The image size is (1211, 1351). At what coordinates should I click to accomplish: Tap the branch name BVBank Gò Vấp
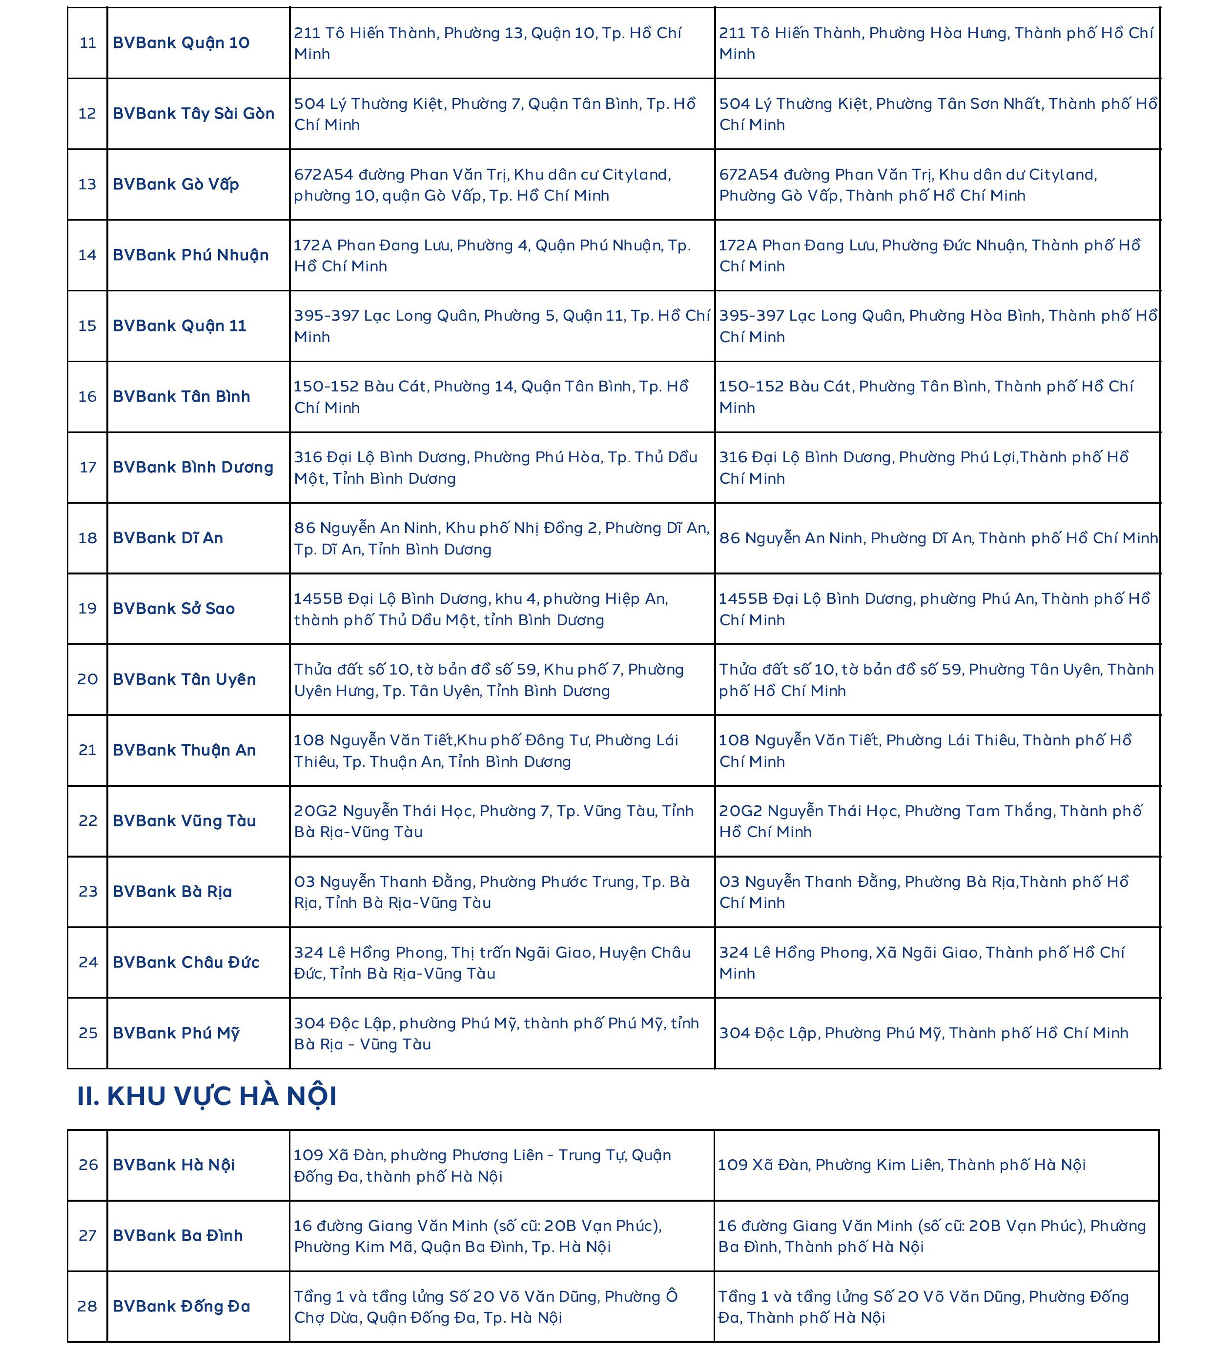click(x=176, y=184)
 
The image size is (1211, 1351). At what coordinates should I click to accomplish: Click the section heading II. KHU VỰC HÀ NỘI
click(x=207, y=1096)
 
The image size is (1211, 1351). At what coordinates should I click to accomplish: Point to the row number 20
click(x=88, y=679)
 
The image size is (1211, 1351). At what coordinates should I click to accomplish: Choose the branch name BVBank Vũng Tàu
click(x=185, y=821)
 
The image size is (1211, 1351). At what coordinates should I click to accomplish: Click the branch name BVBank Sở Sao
click(x=174, y=609)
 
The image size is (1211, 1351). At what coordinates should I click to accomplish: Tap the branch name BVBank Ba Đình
click(x=178, y=1235)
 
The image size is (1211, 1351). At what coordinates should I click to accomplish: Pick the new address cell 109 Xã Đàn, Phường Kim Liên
click(x=901, y=1165)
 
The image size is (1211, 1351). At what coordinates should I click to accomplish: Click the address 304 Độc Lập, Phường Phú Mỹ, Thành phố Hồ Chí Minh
click(x=924, y=1033)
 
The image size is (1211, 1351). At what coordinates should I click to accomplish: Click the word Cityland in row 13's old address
click(x=636, y=175)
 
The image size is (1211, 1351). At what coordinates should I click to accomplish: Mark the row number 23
click(x=88, y=891)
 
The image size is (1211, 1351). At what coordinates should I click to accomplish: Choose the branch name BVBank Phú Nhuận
click(x=190, y=255)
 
